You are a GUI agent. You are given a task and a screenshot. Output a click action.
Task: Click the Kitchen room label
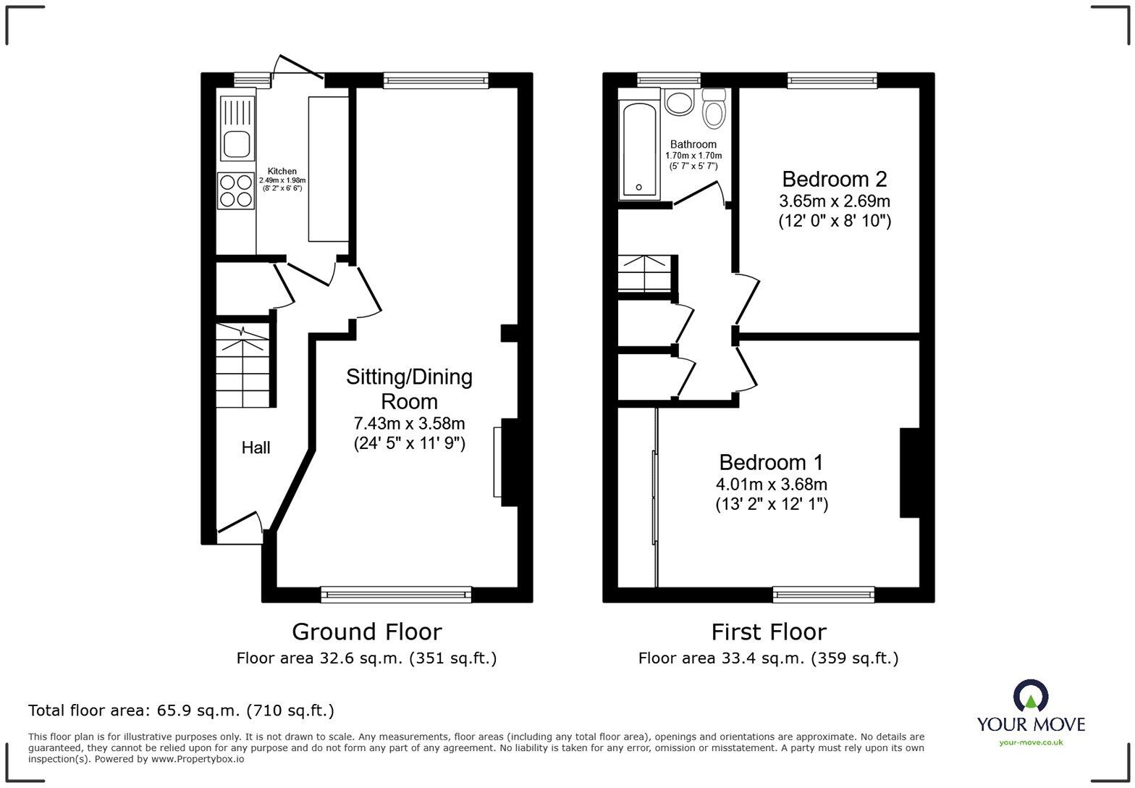(x=282, y=172)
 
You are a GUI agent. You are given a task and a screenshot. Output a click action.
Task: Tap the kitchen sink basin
(x=236, y=144)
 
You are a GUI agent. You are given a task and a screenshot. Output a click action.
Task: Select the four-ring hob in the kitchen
(x=236, y=190)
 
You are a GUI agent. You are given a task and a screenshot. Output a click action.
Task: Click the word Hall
(x=256, y=448)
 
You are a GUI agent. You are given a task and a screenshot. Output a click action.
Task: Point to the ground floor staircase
(x=243, y=366)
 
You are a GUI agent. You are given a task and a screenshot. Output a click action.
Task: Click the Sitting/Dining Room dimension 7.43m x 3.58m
(x=409, y=423)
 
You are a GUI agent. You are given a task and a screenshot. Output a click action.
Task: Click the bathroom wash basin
(x=679, y=102)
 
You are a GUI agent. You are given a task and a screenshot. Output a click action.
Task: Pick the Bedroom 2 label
(x=834, y=179)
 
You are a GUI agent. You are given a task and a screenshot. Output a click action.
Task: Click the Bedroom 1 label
(x=771, y=462)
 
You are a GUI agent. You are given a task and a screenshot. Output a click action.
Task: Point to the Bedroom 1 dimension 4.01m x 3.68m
(x=771, y=484)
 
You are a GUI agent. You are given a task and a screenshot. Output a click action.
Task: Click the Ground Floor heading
(x=366, y=632)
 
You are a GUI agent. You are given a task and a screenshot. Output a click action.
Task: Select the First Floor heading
(x=768, y=632)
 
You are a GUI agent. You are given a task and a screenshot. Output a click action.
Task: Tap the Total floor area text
(x=181, y=711)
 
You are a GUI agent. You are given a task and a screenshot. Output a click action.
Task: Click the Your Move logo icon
(x=1030, y=696)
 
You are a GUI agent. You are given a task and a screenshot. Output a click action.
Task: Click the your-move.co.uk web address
(x=1031, y=742)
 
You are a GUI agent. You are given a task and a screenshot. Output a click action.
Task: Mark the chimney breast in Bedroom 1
(x=909, y=473)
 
